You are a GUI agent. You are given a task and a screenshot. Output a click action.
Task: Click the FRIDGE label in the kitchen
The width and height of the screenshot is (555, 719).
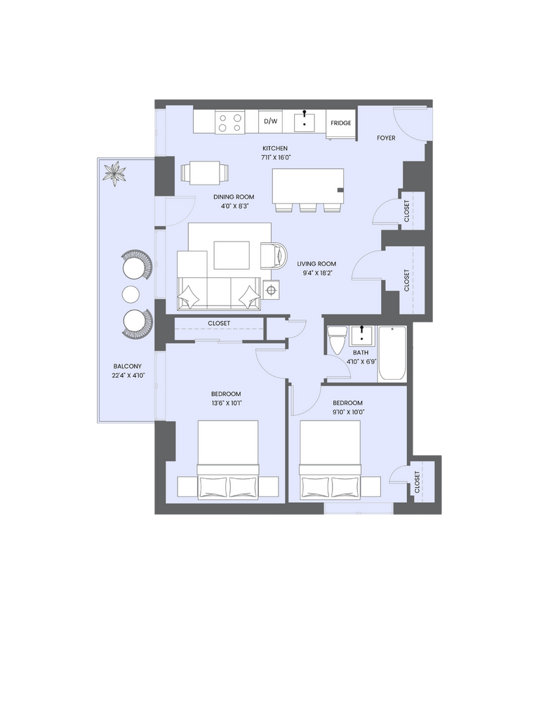pyautogui.click(x=340, y=123)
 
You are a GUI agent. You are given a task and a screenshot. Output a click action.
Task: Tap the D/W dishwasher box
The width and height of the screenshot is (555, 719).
pyautogui.click(x=270, y=121)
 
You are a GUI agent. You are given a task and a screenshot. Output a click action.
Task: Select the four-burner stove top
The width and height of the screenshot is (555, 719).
pyautogui.click(x=230, y=122)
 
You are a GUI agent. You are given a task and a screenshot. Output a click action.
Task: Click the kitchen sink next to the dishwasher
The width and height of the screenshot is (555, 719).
pyautogui.click(x=305, y=121)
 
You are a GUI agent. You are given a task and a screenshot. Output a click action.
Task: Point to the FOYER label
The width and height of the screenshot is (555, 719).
pyautogui.click(x=386, y=138)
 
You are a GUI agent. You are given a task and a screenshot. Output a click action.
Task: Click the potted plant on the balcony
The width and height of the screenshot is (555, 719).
pyautogui.click(x=114, y=173)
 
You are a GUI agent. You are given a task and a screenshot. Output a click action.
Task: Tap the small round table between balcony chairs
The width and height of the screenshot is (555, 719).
pyautogui.click(x=131, y=294)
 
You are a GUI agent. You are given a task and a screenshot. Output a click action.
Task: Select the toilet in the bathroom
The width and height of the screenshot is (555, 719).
pyautogui.click(x=336, y=340)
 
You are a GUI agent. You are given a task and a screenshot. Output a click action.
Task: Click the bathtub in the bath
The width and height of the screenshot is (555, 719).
pyautogui.click(x=392, y=353)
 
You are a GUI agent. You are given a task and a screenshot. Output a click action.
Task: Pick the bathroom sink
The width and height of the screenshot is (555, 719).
pyautogui.click(x=362, y=336)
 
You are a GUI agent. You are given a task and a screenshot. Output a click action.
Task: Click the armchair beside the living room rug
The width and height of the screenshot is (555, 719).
pyautogui.click(x=274, y=254)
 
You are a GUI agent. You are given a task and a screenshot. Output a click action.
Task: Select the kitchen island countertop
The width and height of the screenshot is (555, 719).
pyautogui.click(x=308, y=186)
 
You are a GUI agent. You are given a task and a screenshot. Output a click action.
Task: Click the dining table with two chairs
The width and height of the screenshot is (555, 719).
pyautogui.click(x=205, y=173)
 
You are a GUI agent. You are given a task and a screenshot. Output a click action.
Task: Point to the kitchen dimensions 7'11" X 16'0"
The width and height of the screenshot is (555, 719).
pyautogui.click(x=276, y=157)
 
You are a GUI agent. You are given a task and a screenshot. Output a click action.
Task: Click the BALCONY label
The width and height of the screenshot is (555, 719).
pyautogui.click(x=128, y=367)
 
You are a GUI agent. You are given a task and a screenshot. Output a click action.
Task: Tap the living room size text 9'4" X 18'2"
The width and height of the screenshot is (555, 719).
pyautogui.click(x=316, y=273)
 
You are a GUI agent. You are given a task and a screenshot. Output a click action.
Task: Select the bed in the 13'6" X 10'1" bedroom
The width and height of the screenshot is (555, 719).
pyautogui.click(x=228, y=459)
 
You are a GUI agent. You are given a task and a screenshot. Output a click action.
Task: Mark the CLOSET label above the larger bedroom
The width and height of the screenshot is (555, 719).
pyautogui.click(x=219, y=323)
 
